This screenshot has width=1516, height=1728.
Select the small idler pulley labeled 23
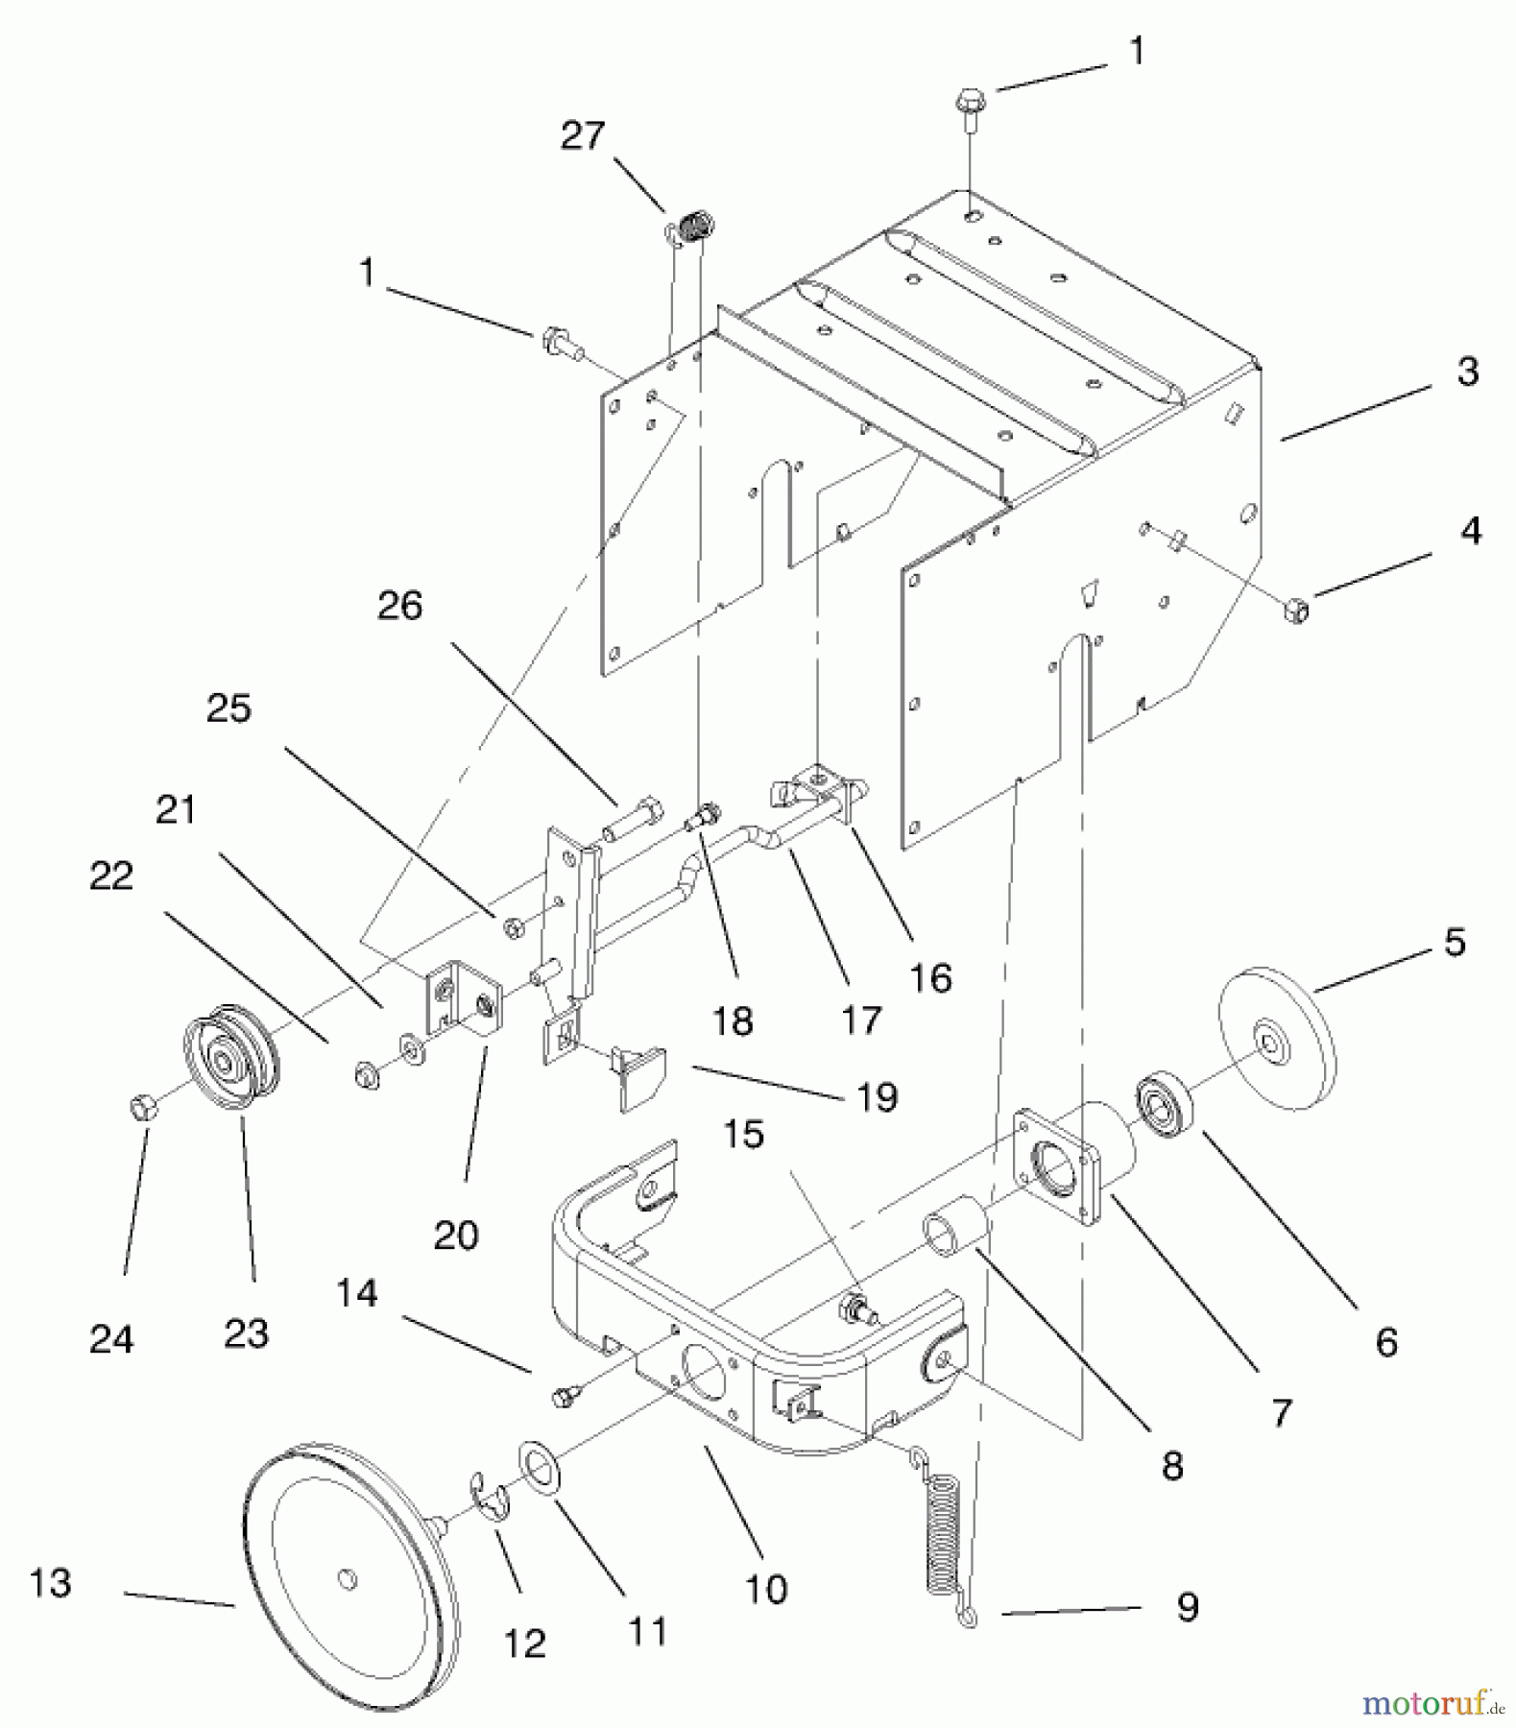coord(231,1057)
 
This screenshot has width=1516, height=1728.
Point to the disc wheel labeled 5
coord(1276,1042)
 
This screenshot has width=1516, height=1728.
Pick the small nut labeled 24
coord(143,1107)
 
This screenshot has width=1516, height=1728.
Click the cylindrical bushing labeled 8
coord(953,1232)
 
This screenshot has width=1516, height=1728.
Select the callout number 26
coord(399,607)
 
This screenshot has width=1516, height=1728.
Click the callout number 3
coord(1467,372)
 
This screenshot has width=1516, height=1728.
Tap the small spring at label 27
coord(697,228)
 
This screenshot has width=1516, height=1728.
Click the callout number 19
coord(877,1097)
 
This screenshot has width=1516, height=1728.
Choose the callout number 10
coord(765,1589)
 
